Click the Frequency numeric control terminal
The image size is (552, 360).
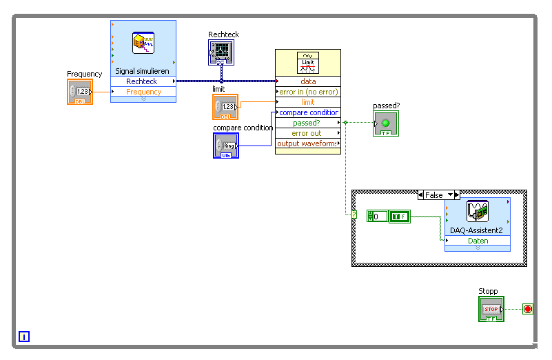[x=80, y=92]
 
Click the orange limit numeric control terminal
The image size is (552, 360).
[x=225, y=107]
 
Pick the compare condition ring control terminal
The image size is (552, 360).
[x=225, y=146]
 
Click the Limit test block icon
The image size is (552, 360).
[x=307, y=63]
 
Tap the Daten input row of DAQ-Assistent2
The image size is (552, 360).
[x=478, y=241]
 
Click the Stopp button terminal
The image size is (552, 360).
[x=491, y=309]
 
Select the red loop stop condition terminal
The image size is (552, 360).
[x=527, y=309]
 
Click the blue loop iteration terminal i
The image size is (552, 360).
[x=24, y=337]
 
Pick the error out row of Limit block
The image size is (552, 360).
[x=307, y=133]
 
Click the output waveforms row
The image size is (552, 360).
[x=307, y=143]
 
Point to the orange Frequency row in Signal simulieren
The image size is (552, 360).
[x=143, y=92]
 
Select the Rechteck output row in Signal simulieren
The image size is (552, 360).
[x=143, y=81]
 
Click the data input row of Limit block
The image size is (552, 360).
[x=307, y=81]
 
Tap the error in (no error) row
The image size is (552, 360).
[x=307, y=92]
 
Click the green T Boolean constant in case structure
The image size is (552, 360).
[x=398, y=217]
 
